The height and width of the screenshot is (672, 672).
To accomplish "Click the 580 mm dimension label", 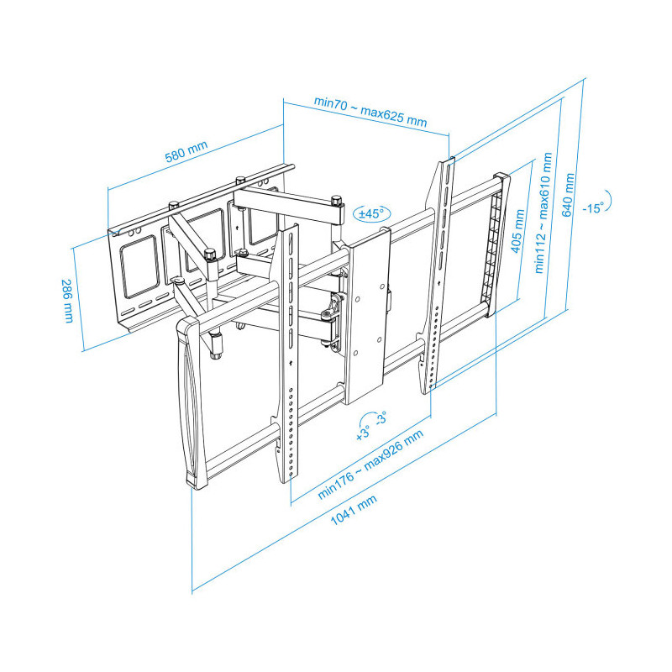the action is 186,151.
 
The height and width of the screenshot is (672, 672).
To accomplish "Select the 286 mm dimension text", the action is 68,301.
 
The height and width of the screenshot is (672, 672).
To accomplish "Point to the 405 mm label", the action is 517,231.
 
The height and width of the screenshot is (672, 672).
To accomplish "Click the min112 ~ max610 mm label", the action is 543,213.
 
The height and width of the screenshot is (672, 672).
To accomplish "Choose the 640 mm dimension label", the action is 568,195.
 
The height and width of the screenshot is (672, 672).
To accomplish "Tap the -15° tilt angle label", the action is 593,207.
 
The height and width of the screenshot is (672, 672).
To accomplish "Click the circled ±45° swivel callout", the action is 371,213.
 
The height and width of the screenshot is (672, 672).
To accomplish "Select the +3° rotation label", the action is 363,433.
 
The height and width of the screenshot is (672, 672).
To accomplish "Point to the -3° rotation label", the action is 381,417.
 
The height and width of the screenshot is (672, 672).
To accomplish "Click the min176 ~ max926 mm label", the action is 370,465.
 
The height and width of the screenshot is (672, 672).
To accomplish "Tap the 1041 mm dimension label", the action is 354,510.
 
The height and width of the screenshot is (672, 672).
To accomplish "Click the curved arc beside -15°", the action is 610,202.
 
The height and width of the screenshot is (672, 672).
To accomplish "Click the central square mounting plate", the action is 367,317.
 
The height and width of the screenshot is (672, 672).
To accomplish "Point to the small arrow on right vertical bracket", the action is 438,283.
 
